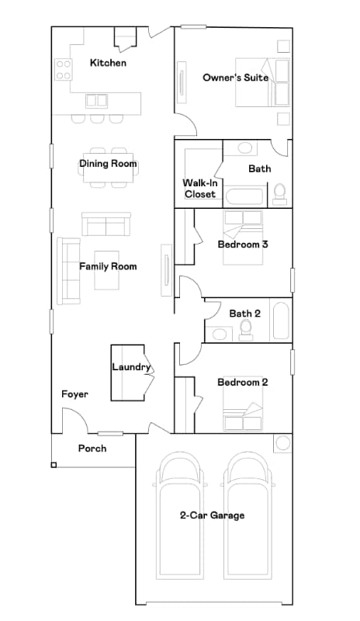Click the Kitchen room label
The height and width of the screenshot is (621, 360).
click(108, 63)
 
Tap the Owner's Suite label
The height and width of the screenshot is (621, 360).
click(236, 78)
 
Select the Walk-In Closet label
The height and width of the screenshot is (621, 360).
click(200, 189)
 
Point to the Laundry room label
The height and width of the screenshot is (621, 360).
click(130, 367)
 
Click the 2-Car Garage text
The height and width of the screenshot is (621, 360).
click(212, 515)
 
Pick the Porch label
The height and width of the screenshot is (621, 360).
click(92, 449)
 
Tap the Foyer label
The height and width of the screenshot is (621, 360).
click(75, 394)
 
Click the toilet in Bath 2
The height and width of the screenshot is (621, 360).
click(247, 331)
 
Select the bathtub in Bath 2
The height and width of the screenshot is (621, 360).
click(281, 321)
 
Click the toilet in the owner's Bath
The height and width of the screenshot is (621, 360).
click(279, 193)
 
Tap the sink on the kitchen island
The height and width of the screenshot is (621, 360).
click(97, 100)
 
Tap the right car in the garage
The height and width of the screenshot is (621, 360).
click(249, 515)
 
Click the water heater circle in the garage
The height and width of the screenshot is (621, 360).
click(283, 443)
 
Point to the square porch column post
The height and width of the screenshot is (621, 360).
click(54, 465)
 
